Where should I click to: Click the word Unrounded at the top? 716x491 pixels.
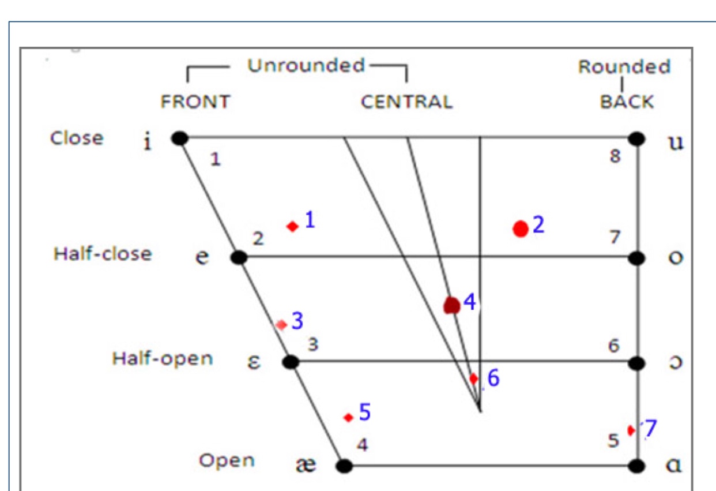[306, 66]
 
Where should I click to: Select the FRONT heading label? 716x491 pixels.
[195, 102]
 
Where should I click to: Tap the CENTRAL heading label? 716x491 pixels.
[406, 102]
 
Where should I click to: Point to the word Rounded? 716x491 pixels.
[624, 67]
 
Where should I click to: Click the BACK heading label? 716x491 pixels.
[627, 102]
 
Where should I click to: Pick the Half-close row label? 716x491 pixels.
[103, 254]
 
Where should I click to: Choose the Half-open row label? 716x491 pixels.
[162, 358]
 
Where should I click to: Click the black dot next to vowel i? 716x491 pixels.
[180, 138]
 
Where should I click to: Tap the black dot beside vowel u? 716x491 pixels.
[636, 138]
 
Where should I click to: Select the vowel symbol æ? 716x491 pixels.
[306, 465]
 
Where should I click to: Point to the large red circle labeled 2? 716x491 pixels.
[521, 229]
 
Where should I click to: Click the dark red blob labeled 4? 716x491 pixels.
[452, 305]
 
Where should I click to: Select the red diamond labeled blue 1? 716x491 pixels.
[293, 227]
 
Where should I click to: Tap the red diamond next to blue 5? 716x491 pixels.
[348, 417]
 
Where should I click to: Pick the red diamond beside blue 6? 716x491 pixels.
[474, 379]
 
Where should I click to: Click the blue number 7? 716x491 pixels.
[650, 429]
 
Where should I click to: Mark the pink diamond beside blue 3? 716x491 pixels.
[281, 325]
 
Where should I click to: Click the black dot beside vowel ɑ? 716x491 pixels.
[636, 466]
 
